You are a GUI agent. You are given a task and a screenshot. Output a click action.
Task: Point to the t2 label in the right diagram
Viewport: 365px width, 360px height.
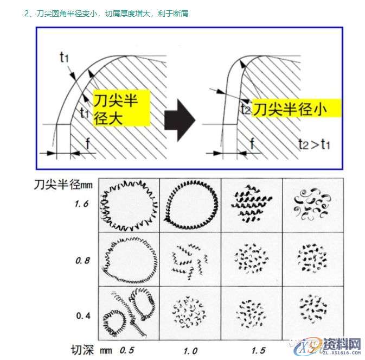point(246,108)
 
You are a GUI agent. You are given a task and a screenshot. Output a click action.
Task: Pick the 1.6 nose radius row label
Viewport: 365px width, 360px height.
point(82,205)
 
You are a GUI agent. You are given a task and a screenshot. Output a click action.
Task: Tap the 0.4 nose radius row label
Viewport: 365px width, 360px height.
point(82,315)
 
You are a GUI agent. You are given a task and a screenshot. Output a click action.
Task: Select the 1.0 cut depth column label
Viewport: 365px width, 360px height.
point(190,350)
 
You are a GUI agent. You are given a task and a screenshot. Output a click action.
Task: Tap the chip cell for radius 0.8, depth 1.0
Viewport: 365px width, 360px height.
point(190,260)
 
